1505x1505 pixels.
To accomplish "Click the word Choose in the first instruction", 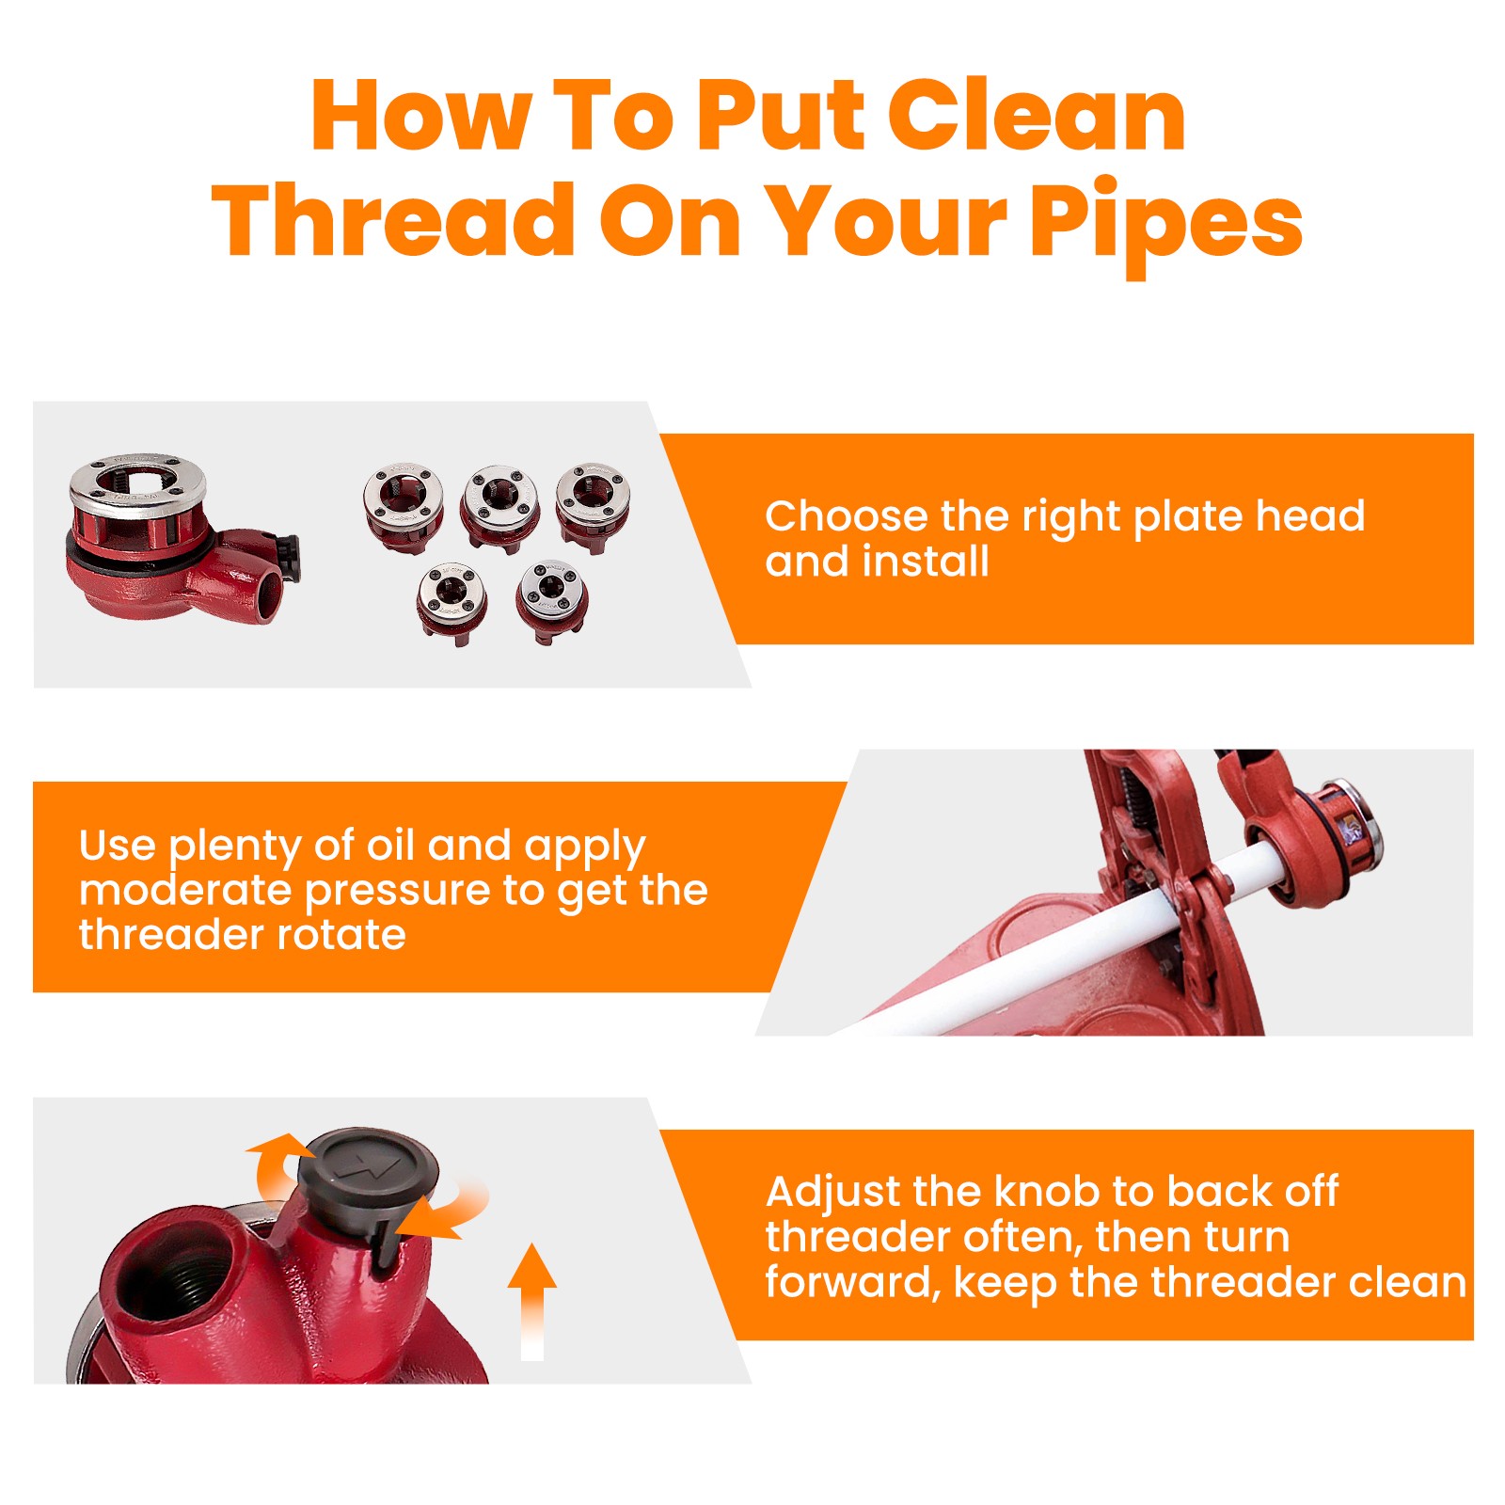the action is click(x=847, y=515).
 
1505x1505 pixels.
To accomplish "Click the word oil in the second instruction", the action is click(x=389, y=845).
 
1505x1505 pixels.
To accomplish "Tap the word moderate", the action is click(x=185, y=890).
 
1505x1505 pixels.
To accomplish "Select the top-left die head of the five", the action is click(x=404, y=506).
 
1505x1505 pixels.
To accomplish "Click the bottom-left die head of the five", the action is click(x=451, y=603).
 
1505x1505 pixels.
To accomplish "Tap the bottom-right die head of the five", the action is click(x=552, y=600).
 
